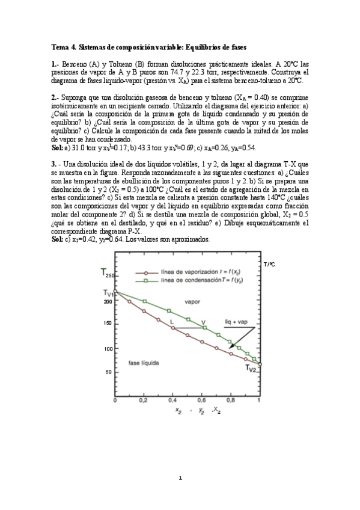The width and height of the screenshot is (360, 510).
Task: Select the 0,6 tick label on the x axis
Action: (201, 401)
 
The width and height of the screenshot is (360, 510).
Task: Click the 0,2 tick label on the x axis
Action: (144, 401)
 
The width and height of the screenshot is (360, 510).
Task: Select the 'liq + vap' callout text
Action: (236, 322)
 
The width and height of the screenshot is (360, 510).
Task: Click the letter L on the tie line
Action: (172, 322)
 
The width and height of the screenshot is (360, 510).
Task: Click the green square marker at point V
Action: (204, 328)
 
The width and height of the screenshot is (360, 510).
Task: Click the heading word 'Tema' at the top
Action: (59, 47)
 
